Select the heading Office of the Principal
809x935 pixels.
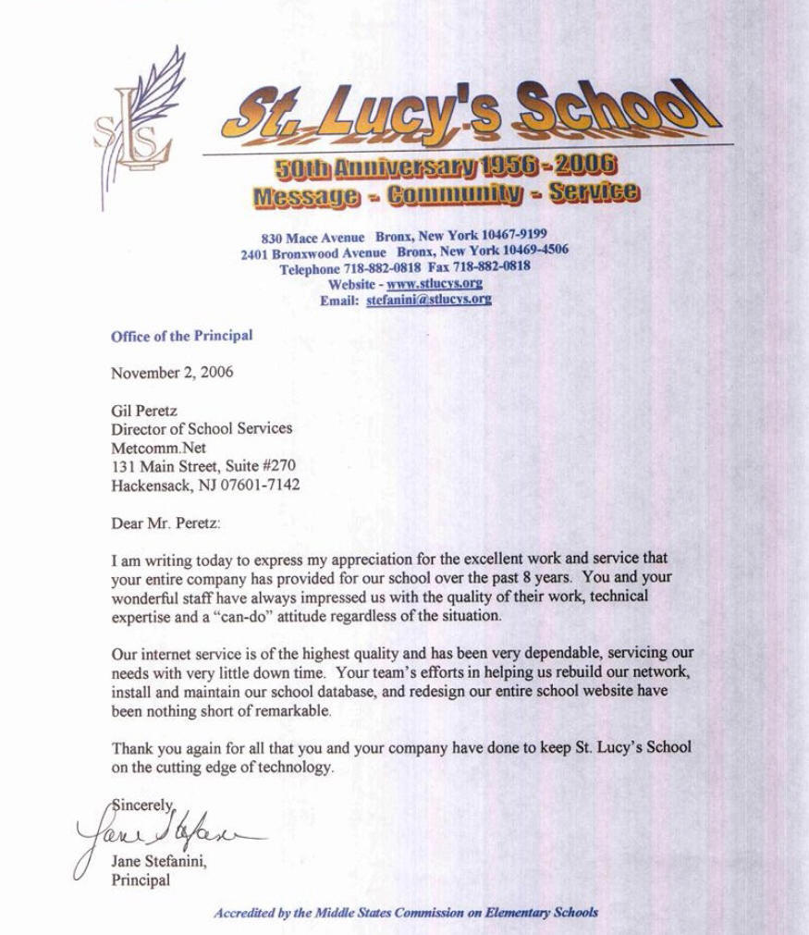(181, 337)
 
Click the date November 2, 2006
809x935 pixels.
(172, 373)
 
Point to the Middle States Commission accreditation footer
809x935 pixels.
(406, 912)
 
